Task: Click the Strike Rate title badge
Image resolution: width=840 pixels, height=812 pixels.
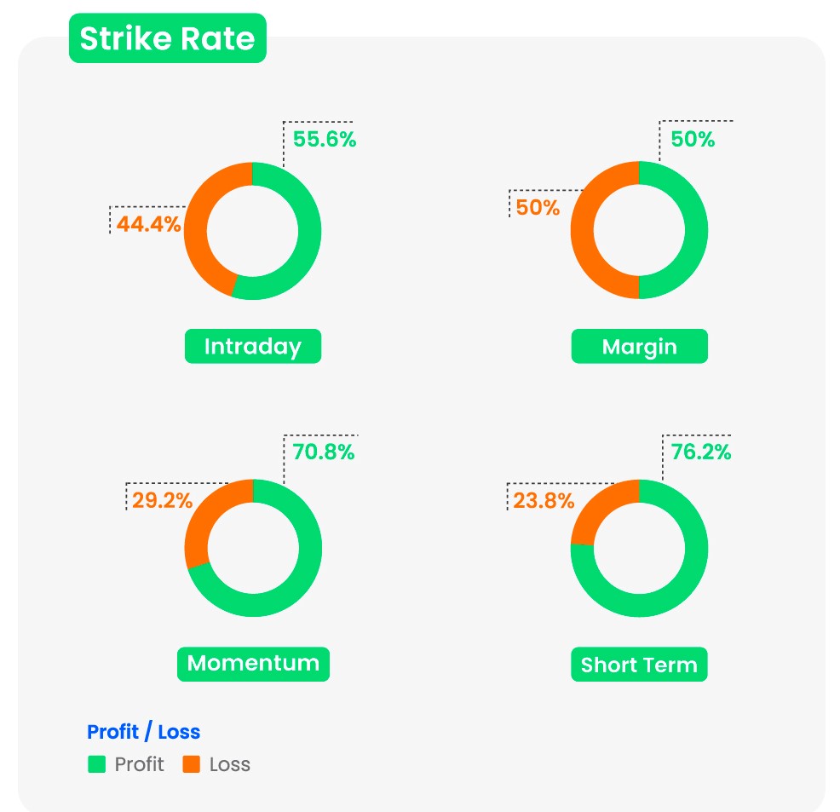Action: tap(167, 39)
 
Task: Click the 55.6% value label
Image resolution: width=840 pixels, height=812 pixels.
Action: tap(325, 140)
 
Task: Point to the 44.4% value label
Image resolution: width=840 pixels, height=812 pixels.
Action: tap(149, 224)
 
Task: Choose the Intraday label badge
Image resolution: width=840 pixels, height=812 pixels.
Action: tap(253, 347)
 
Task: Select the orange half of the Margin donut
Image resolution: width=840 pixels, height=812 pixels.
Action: tap(583, 230)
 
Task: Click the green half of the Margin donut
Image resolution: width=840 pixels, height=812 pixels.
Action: tap(695, 230)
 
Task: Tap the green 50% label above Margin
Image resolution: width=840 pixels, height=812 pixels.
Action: tap(693, 140)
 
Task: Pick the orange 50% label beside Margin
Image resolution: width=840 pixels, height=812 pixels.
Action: tap(538, 207)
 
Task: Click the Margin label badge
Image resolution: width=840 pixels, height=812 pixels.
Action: tap(639, 347)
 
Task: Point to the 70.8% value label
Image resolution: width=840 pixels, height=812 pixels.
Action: tap(324, 452)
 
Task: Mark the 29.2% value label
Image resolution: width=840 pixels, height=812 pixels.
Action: tap(163, 500)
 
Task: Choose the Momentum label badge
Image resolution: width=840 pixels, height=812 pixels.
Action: tap(253, 664)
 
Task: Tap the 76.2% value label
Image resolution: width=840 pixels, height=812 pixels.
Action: tap(700, 452)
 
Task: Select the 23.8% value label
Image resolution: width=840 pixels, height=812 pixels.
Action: tap(544, 501)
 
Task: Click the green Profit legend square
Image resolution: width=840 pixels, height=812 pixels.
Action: tap(96, 764)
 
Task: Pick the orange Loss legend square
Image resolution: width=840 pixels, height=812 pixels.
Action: tap(192, 764)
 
